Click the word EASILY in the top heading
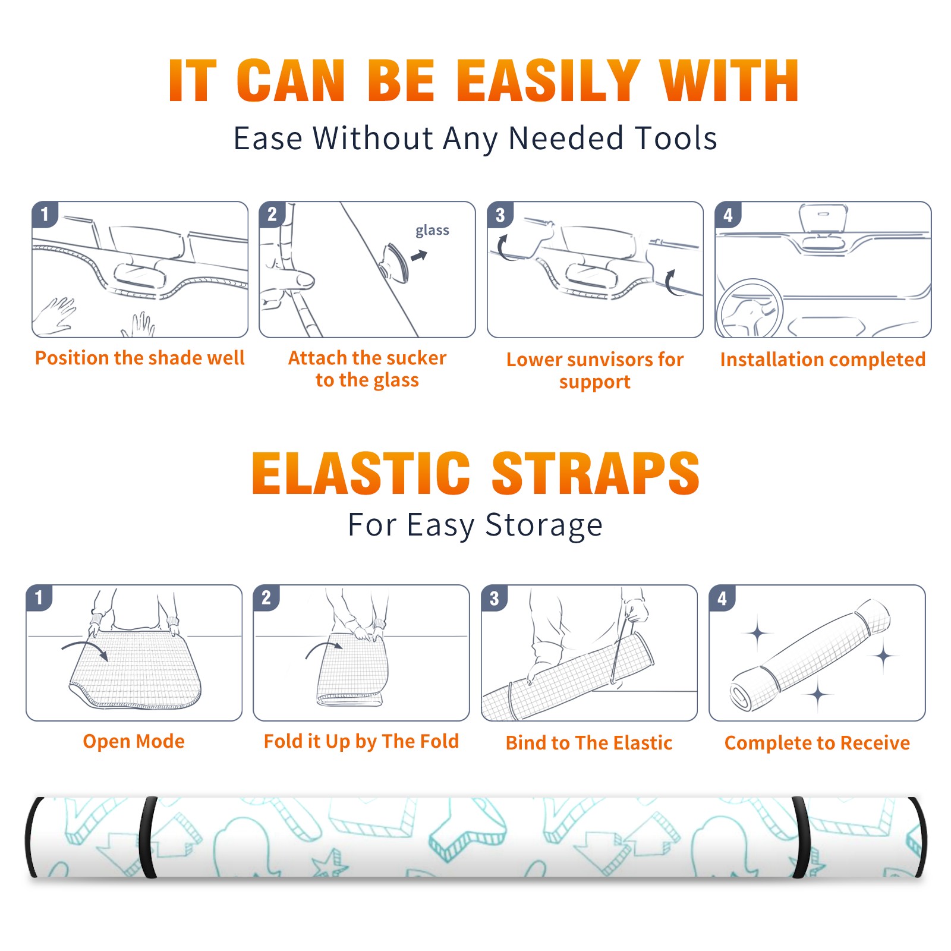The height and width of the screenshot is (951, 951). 548,81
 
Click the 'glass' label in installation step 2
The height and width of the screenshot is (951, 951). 432,231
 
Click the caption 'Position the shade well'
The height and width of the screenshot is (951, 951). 140,358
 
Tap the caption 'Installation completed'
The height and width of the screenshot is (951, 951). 823,360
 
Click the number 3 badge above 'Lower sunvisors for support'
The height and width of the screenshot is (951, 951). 500,215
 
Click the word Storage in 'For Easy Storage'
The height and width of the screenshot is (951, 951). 544,525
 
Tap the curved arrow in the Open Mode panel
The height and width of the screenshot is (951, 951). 85,649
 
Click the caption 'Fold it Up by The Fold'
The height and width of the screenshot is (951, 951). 361,741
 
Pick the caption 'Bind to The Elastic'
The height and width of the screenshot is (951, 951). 589,743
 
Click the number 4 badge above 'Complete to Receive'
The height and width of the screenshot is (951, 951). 722,598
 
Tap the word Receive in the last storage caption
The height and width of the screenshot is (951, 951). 875,743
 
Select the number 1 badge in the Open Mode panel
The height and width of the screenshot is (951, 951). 39,598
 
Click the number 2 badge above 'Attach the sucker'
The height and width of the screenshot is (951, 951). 272,215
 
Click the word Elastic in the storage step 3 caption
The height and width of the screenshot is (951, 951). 643,743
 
